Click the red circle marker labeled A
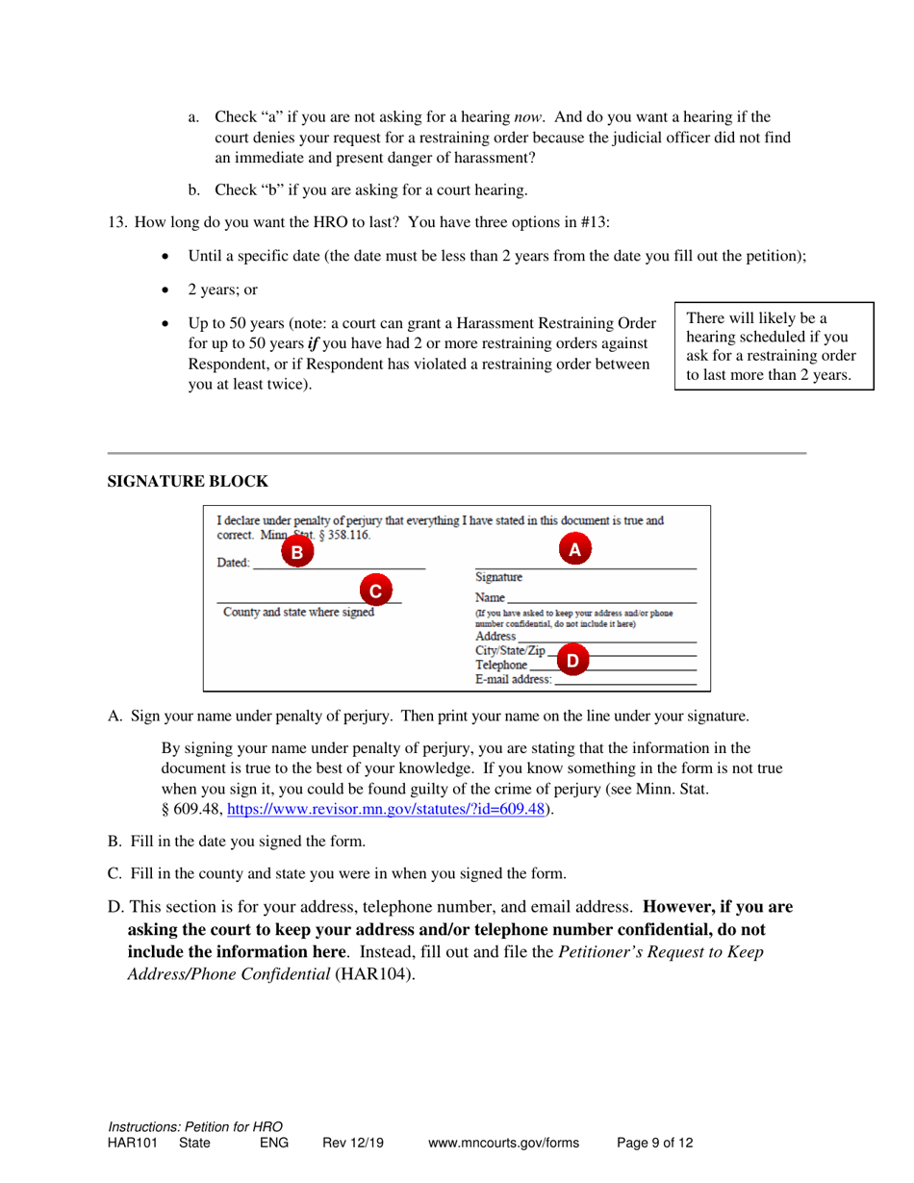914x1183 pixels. tap(574, 549)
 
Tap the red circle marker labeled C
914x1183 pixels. tap(376, 590)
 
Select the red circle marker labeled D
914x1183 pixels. tap(572, 660)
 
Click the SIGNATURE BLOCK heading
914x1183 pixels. tap(188, 481)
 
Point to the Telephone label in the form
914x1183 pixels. tap(501, 665)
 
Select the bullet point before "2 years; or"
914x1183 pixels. tap(170, 289)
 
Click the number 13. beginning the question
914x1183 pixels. tap(116, 222)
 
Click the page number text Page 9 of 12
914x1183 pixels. tap(654, 1144)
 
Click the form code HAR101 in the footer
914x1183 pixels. tap(131, 1144)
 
